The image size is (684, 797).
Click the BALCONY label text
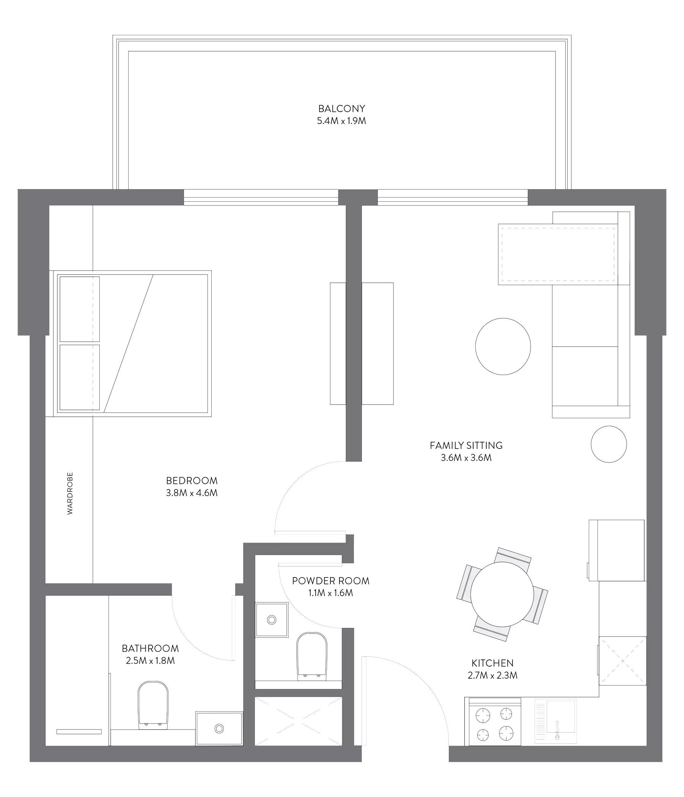point(341,109)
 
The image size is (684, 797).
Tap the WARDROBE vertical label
point(70,494)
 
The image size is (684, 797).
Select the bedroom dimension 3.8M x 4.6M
point(192,493)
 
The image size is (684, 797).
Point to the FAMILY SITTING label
point(466,446)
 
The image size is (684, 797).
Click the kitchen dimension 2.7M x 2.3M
point(493,675)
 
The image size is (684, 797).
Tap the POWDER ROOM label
point(331,581)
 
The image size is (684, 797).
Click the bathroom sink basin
point(219,728)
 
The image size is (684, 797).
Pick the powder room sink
point(272,620)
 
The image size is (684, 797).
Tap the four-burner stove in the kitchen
point(495,723)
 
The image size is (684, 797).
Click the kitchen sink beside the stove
point(555,721)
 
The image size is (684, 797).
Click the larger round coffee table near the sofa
point(503,346)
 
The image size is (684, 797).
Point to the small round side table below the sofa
point(609,444)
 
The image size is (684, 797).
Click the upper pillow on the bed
point(79,309)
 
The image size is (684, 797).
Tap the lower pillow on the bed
point(79,377)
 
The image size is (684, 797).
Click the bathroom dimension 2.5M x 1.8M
point(150,661)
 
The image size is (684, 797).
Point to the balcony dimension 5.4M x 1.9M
point(341,121)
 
